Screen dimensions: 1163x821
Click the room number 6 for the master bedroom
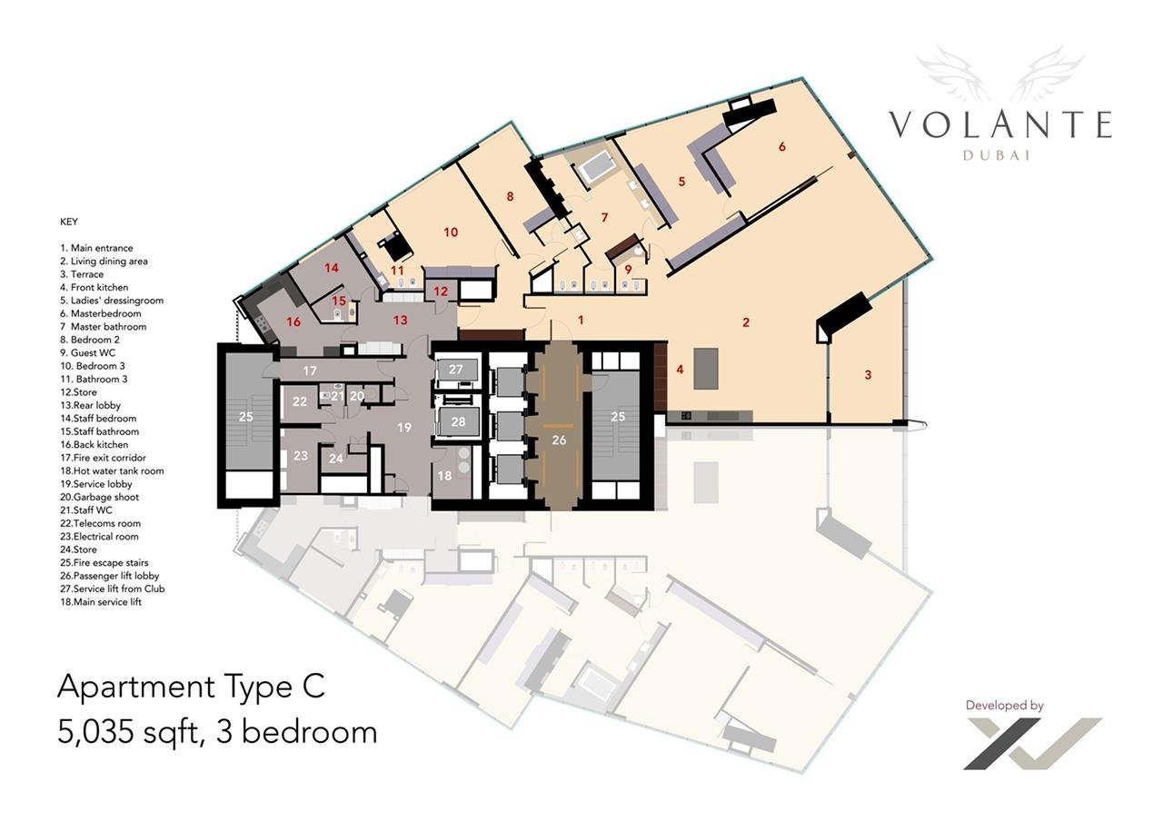pos(782,147)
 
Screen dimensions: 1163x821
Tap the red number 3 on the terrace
pos(868,375)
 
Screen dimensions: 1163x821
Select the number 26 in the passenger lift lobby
pos(559,440)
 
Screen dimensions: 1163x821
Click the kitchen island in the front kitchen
pos(706,368)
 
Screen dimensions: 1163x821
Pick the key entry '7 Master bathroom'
pos(104,326)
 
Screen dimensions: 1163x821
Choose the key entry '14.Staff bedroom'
pos(98,419)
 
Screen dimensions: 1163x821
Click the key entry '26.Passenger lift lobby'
pos(110,576)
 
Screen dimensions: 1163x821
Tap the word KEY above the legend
pos(69,222)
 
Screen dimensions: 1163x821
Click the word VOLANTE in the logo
pos(1000,124)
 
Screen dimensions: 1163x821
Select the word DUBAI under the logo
pos(997,155)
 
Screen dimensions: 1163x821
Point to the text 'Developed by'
pos(1004,706)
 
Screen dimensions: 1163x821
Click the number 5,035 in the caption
pos(95,732)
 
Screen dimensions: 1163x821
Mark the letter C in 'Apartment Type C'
pos(313,686)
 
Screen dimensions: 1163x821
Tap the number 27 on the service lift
pos(455,369)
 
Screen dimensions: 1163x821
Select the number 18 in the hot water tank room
pos(444,475)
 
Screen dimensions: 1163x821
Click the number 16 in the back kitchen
pos(293,321)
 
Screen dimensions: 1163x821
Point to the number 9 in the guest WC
pos(628,270)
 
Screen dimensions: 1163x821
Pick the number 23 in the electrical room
pos(300,456)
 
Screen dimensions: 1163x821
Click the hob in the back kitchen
pos(261,324)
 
